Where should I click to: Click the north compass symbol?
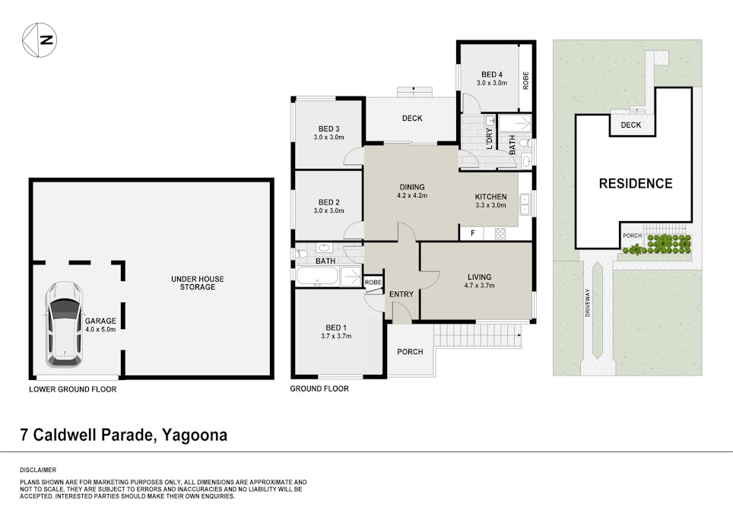40,40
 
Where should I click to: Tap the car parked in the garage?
65,323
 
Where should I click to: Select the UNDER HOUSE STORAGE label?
198,283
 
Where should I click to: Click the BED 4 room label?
492,74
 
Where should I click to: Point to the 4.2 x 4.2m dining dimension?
412,196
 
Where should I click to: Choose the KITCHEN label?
491,197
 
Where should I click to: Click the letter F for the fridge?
473,233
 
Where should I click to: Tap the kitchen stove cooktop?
500,233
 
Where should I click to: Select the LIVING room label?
480,277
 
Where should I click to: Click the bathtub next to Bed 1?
316,276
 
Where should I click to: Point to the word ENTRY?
401,294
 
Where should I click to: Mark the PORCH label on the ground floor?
410,352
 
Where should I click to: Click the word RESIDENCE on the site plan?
636,183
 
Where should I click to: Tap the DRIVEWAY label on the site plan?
587,302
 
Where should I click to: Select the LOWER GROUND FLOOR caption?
73,389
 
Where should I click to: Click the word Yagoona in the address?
195,435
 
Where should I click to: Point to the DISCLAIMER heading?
38,470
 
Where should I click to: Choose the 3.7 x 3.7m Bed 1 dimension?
336,336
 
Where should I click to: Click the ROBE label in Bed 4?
526,81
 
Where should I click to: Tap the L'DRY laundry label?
490,138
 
